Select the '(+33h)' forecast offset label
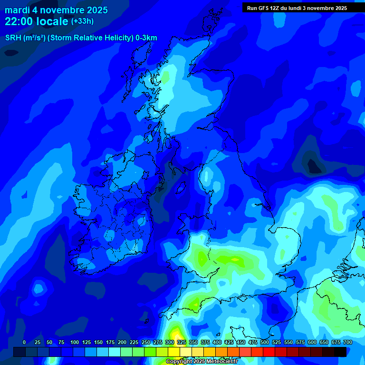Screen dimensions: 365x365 82,21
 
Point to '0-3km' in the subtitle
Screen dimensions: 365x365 146,38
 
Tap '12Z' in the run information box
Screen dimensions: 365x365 278,8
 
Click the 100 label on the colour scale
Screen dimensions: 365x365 74,342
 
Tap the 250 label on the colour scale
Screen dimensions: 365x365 145,342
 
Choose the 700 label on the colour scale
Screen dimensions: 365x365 347,342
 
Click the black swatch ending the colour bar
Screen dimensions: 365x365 340,352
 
